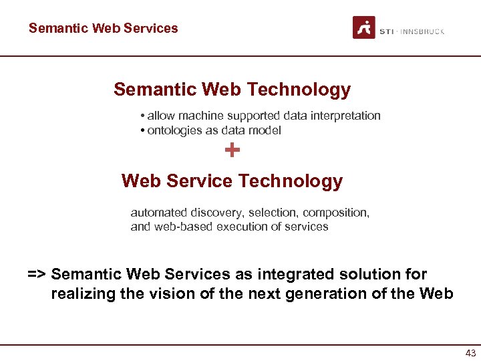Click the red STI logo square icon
tap(364, 27)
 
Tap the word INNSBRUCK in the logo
tap(423, 31)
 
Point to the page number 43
tap(470, 353)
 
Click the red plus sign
tap(232, 150)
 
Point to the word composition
tap(335, 213)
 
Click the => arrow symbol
tap(37, 274)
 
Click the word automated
tap(159, 213)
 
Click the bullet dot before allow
tap(143, 116)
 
